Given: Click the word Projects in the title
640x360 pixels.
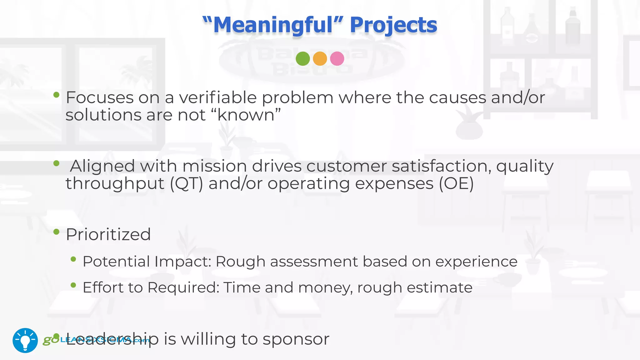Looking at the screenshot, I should (x=393, y=25).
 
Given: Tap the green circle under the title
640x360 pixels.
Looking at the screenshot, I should (x=302, y=58).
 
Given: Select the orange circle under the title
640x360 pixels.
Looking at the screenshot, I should (x=320, y=58).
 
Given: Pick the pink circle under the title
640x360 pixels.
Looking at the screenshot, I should (x=337, y=58).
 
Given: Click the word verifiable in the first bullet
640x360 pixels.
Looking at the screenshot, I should (x=218, y=98).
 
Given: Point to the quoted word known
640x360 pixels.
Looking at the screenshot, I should (x=246, y=115).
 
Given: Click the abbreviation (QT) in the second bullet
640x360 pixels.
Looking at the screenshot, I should (x=186, y=183).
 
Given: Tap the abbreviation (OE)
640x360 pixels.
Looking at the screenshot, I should (x=456, y=183).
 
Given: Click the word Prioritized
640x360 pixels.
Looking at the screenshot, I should (x=108, y=234).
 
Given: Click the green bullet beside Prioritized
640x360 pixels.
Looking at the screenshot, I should (x=56, y=232).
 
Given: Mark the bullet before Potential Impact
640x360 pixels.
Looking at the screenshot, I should (x=73, y=259).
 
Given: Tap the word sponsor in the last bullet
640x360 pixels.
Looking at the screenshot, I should (x=296, y=339).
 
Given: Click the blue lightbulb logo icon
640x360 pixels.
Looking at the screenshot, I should (x=25, y=340).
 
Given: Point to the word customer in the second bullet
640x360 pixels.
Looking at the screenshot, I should (x=347, y=166).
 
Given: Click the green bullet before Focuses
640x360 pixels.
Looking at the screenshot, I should (x=56, y=95).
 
